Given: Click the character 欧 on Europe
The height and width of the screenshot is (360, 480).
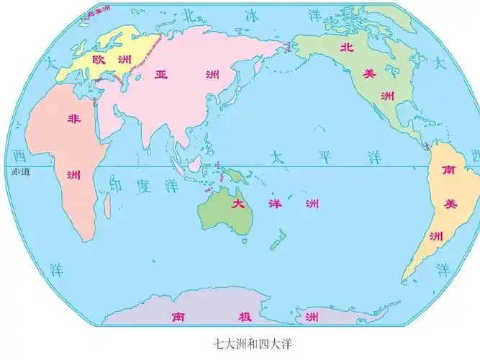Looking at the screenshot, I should pos(99,59).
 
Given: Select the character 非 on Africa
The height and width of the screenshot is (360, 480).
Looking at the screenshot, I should pos(73,119).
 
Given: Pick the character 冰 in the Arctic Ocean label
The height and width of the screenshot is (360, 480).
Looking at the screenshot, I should pos(253,14).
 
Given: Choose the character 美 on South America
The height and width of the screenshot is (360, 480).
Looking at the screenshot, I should pos(450,204).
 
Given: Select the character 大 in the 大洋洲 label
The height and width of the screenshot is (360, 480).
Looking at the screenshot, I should pos(237,204).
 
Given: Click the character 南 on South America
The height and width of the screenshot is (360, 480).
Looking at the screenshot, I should pos(448,171).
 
